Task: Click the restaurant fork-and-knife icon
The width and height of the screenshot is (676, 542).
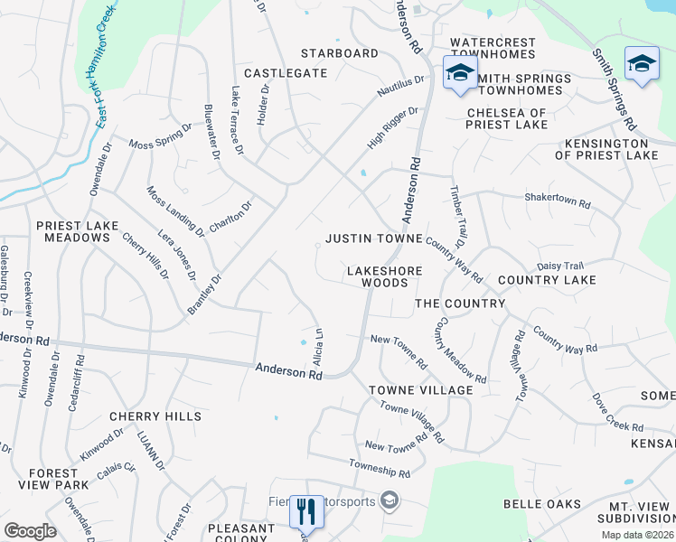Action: pyautogui.click(x=305, y=512)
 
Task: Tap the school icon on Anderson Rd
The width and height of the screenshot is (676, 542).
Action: pyautogui.click(x=459, y=73)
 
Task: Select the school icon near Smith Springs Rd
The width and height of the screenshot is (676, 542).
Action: pyautogui.click(x=642, y=62)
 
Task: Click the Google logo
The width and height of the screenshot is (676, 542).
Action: pyautogui.click(x=30, y=531)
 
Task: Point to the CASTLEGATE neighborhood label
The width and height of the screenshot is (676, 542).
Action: pyautogui.click(x=285, y=72)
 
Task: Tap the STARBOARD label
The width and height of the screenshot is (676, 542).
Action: pyautogui.click(x=340, y=53)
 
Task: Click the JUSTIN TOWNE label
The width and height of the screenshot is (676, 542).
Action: pyautogui.click(x=374, y=238)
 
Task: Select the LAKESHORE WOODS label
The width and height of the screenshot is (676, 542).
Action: pyautogui.click(x=379, y=276)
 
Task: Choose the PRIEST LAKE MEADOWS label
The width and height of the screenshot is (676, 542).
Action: pyautogui.click(x=72, y=230)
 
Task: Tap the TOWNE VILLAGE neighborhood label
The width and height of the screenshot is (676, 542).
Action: pyautogui.click(x=420, y=389)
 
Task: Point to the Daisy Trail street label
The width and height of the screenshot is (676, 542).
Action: pyautogui.click(x=561, y=266)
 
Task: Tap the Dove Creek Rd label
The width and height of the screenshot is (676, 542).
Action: pyautogui.click(x=618, y=413)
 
